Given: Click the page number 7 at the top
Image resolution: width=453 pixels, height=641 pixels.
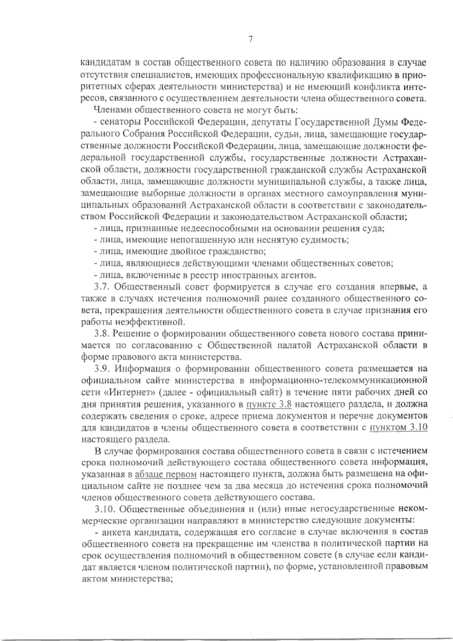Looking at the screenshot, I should tap(250, 39).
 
